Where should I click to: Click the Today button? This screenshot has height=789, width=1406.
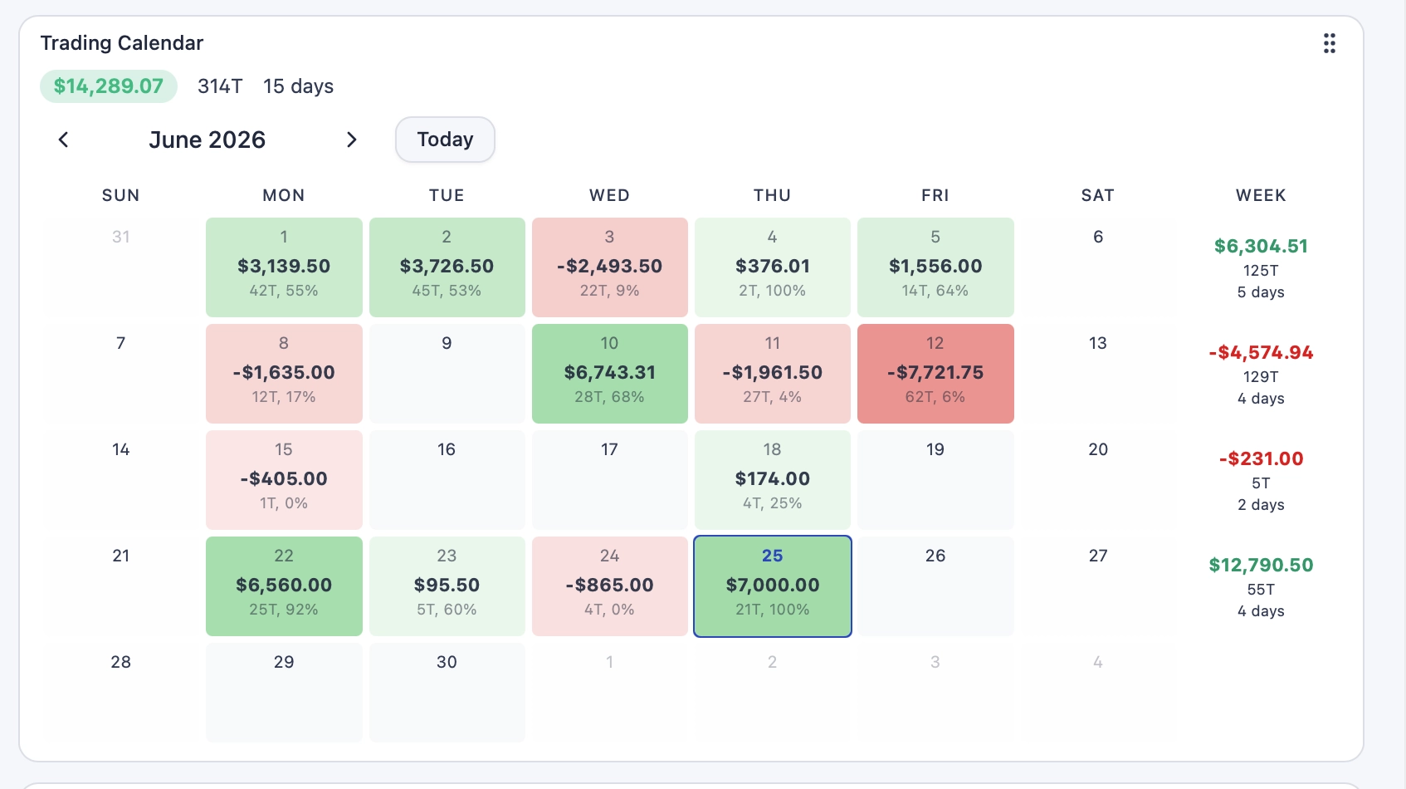[x=445, y=140]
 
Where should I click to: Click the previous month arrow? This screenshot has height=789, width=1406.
[x=63, y=140]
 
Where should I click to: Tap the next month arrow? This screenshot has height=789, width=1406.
[x=352, y=140]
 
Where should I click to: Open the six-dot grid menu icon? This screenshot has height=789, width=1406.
[x=1329, y=43]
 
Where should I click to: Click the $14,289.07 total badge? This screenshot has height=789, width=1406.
[x=109, y=86]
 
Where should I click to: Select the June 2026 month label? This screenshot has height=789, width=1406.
[x=207, y=140]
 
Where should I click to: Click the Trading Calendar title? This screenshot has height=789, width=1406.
[x=122, y=42]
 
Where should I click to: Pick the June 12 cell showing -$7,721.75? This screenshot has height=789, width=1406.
[x=935, y=374]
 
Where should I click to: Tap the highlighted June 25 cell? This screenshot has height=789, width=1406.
[x=772, y=586]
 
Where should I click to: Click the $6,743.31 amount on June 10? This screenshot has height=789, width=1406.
[x=609, y=373]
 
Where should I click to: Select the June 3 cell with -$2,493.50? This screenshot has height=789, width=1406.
[x=609, y=267]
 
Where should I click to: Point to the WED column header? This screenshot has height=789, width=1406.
[x=609, y=195]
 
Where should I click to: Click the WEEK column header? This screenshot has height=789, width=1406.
[x=1261, y=195]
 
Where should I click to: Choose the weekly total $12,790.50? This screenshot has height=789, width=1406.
[x=1261, y=565]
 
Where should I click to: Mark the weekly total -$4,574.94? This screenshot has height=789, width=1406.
[x=1261, y=352]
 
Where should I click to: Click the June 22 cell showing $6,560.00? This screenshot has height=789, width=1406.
[x=284, y=586]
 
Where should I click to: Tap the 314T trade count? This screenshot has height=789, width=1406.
[x=220, y=86]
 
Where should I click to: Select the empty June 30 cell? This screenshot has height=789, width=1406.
[x=447, y=693]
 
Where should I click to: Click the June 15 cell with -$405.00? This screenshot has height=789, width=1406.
[x=284, y=480]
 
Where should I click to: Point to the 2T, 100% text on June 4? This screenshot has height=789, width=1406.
[x=772, y=291]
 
